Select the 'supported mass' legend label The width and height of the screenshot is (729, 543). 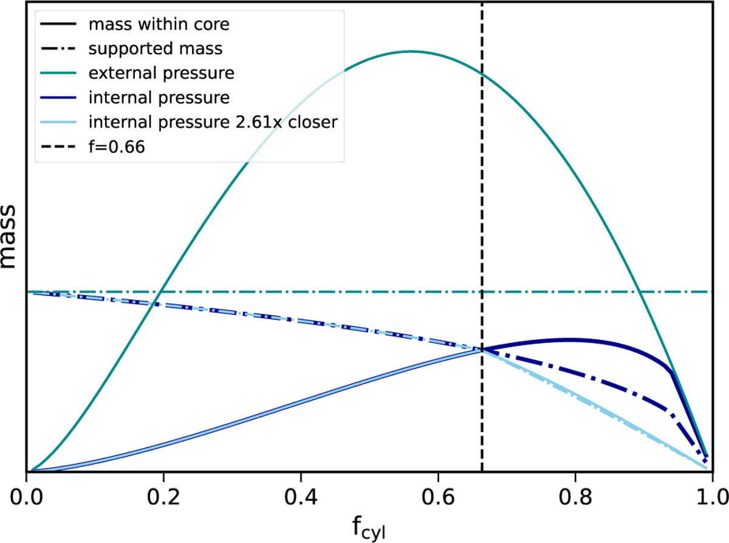pos(138,49)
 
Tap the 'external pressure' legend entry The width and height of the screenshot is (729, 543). pos(161,74)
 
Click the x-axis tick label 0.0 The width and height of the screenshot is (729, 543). pos(27,492)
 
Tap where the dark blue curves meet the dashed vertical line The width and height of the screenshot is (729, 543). pos(482,349)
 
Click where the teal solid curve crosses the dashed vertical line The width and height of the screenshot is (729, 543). pos(482,74)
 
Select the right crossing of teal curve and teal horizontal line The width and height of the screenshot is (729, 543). pos(640,292)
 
